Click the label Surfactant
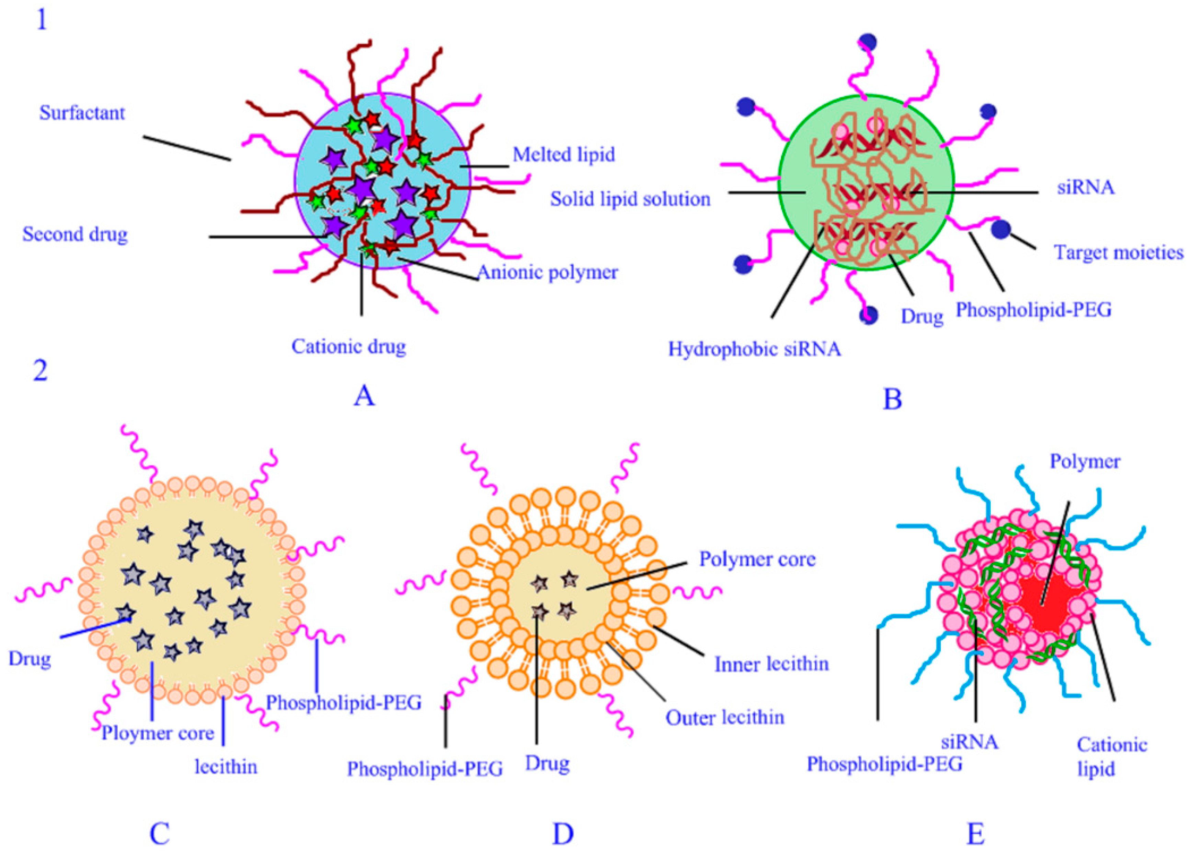[82, 113]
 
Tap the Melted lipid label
[563, 154]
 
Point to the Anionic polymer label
[547, 272]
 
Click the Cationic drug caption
[348, 347]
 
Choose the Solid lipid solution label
[630, 199]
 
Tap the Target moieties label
[1119, 253]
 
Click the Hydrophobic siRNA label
[754, 349]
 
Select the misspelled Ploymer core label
[158, 733]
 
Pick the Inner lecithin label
[771, 664]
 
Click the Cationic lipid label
[1112, 757]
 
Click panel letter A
[364, 396]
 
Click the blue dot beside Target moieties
[1001, 229]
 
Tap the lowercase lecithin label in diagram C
[226, 767]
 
